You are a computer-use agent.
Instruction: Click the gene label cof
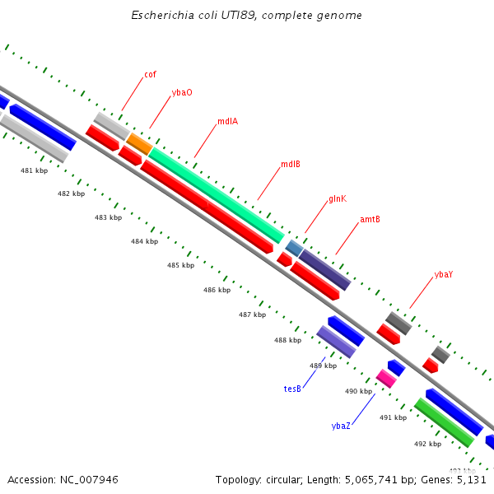[150, 74]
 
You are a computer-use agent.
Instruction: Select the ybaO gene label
[182, 92]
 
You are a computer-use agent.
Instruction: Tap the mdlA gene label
[227, 121]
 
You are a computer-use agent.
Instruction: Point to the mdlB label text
[290, 164]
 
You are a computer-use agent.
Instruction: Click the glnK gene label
[338, 198]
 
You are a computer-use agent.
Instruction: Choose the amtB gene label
[370, 220]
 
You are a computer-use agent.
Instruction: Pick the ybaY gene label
[443, 274]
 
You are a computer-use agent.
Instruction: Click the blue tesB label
[292, 389]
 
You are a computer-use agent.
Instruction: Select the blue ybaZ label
[341, 426]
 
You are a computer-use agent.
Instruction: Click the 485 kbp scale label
[180, 265]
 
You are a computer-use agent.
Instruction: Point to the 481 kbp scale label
[34, 170]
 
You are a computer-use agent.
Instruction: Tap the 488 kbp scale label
[287, 340]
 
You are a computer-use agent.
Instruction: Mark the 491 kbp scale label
[393, 417]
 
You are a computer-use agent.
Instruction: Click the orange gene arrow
[138, 144]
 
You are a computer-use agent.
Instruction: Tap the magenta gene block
[385, 378]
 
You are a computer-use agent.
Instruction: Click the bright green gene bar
[444, 422]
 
